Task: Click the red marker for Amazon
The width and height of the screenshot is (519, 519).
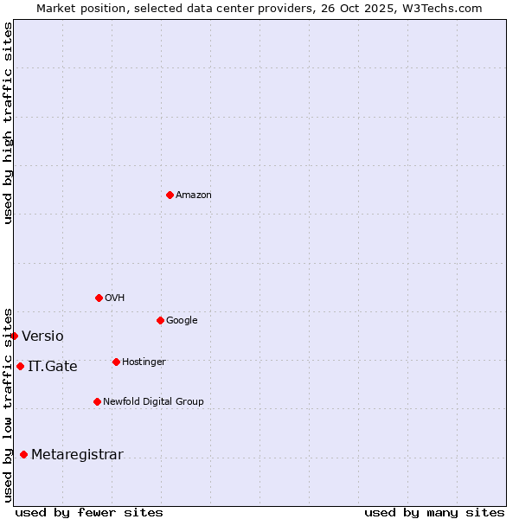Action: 170,195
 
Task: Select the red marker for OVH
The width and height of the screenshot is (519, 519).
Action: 99,298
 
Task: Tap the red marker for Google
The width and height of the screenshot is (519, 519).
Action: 160,320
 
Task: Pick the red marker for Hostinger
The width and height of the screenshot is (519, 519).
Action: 116,362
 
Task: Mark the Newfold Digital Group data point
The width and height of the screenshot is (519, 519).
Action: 97,401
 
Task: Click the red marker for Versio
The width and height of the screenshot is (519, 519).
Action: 14,336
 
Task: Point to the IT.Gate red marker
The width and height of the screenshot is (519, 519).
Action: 20,366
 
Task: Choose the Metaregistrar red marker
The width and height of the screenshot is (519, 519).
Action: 23,454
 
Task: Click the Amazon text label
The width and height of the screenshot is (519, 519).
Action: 194,195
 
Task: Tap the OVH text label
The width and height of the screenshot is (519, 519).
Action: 115,298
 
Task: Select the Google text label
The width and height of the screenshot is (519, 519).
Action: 182,321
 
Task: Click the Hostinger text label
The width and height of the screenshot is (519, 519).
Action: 144,362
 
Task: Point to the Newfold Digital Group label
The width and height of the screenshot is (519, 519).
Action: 153,402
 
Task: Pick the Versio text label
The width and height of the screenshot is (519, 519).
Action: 42,336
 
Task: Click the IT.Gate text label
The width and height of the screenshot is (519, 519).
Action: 52,367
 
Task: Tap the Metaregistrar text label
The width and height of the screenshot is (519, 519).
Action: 77,455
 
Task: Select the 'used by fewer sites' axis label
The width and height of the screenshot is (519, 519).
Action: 89,512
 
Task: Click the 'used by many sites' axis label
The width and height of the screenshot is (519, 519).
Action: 434,512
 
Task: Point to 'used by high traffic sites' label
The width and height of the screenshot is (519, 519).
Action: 9,123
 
